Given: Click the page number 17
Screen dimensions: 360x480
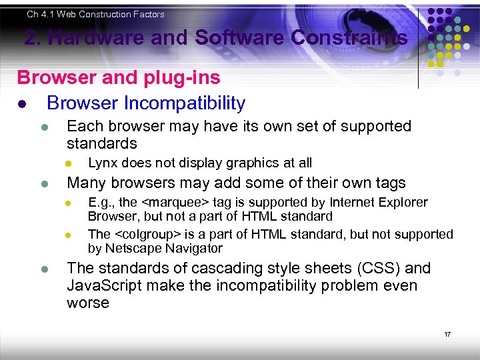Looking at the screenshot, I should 447,334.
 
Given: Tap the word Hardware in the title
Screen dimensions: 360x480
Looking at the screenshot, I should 94,38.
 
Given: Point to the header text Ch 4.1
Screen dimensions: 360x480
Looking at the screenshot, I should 41,14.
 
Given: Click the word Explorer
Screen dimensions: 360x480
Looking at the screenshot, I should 404,202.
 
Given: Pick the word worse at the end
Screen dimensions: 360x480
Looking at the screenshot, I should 87,303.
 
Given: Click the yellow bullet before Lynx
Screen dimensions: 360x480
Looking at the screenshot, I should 67,163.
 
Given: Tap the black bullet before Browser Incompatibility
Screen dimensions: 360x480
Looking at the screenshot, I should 22,105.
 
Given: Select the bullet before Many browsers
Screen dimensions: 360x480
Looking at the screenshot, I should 44,183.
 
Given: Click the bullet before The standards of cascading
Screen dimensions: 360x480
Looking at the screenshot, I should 44,269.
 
